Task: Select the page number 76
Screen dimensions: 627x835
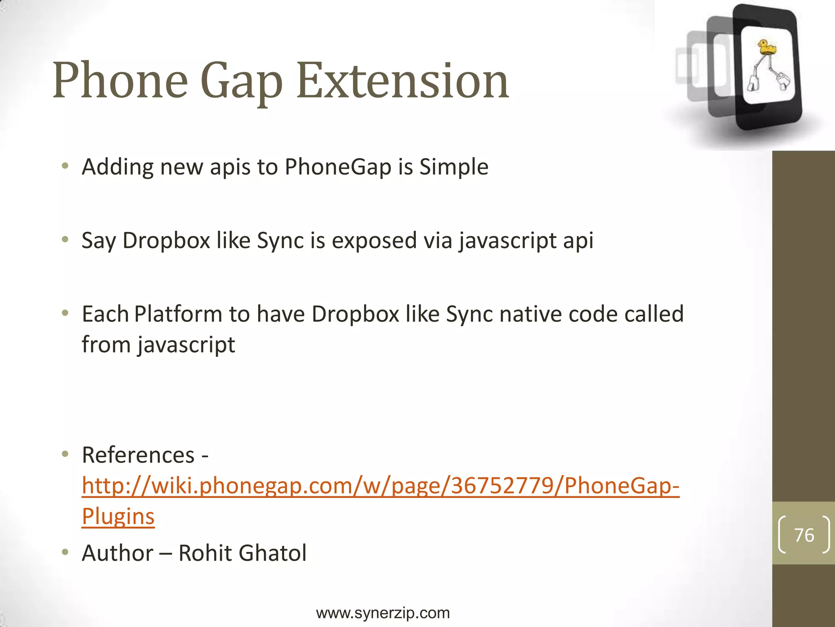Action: (x=804, y=535)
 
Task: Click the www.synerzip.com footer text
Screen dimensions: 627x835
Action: (x=383, y=613)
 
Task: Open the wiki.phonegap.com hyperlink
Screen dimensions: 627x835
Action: (x=380, y=486)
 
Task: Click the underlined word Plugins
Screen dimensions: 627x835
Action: (x=118, y=516)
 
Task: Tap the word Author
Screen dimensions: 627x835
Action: (x=117, y=553)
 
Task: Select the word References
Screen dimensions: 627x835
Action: (x=138, y=455)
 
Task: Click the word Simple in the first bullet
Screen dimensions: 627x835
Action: (x=454, y=167)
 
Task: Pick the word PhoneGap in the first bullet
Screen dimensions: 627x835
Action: (x=338, y=167)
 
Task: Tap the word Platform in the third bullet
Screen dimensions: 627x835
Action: (x=178, y=314)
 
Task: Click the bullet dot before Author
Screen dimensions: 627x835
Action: (x=65, y=552)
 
